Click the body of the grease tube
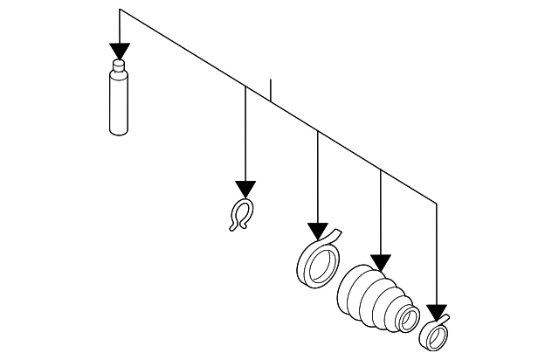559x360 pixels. coord(120,102)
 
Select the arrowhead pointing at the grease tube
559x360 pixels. coord(120,50)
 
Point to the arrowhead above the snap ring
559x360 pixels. coord(245,189)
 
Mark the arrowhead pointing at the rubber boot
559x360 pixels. coord(380,261)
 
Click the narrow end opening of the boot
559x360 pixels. coord(406,318)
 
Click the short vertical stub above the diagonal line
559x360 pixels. coord(272,90)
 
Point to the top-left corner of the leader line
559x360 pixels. coord(120,10)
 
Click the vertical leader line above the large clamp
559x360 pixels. coord(318,175)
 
